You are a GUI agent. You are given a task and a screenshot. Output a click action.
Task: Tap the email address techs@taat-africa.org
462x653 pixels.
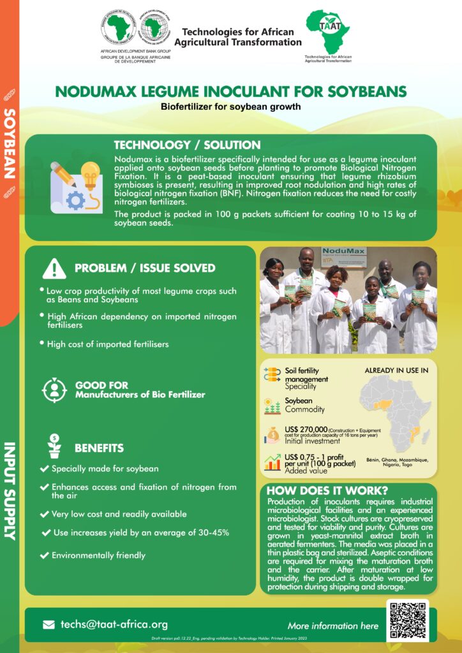pyautogui.click(x=114, y=624)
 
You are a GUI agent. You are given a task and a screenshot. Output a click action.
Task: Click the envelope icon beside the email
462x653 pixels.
pyautogui.click(x=48, y=625)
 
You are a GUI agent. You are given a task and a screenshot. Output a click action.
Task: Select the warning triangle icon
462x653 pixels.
pyautogui.click(x=54, y=268)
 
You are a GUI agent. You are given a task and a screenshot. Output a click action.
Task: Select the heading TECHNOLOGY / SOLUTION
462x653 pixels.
pyautogui.click(x=187, y=145)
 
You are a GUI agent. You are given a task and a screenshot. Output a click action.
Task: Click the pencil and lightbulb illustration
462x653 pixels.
pyautogui.click(x=76, y=187)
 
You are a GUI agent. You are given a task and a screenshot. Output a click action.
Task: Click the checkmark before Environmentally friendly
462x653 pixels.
pyautogui.click(x=44, y=555)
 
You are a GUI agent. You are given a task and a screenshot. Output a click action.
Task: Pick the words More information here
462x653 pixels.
pyautogui.click(x=332, y=626)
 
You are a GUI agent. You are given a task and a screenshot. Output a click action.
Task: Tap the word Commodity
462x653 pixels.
pyautogui.click(x=304, y=409)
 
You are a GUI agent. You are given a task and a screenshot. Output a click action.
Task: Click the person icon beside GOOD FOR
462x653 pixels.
pyautogui.click(x=54, y=390)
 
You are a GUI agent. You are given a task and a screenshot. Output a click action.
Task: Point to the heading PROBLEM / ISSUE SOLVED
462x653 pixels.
pyautogui.click(x=145, y=268)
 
